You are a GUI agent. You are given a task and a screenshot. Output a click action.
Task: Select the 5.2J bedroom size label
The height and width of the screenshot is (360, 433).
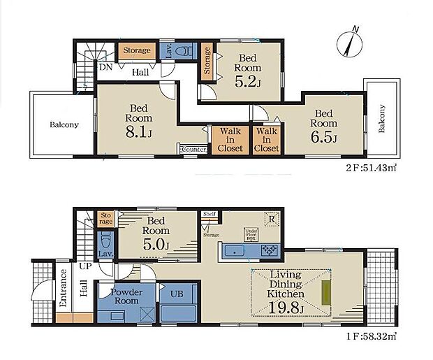pos(248,82)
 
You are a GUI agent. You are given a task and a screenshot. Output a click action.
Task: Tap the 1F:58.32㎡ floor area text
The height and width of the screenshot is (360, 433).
pos(371,336)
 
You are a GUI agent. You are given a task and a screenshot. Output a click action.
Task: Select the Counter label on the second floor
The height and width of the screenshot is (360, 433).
pos(193,149)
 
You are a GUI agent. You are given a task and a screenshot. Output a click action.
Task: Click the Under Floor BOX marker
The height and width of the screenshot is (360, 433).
pos(251,234)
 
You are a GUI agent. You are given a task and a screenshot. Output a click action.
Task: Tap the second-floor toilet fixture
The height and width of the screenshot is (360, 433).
pos(184,51)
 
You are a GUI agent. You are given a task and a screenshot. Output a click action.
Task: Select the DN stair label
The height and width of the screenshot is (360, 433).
pos(105,67)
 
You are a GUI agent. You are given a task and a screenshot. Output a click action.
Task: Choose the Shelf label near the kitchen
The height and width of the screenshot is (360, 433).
pos(209,214)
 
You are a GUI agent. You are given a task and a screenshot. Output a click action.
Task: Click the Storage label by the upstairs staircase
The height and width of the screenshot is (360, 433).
pos(138,50)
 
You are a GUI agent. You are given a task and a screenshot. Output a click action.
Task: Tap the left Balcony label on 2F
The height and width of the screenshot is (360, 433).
pos(64,125)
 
